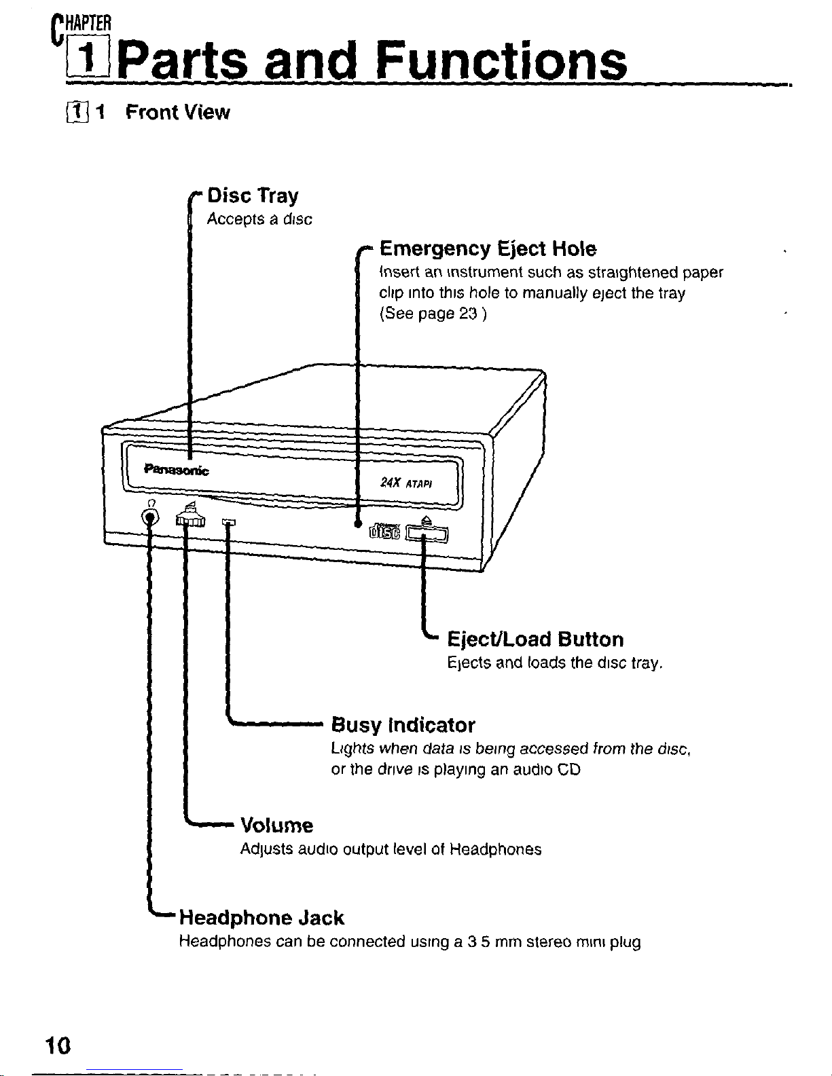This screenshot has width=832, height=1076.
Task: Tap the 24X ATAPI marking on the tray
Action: [x=406, y=483]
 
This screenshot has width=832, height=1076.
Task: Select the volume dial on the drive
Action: [x=189, y=519]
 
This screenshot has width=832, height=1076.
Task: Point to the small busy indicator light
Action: [x=229, y=521]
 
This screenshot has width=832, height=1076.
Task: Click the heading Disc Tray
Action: [x=253, y=196]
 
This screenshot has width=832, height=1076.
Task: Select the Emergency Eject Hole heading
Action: [x=488, y=249]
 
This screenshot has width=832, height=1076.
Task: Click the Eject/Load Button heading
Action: [x=535, y=639]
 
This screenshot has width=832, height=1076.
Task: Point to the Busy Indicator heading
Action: [x=403, y=725]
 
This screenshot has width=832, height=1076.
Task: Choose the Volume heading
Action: [x=277, y=825]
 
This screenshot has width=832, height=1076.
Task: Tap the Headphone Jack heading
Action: [x=261, y=918]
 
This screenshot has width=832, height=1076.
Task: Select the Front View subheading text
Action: [x=178, y=112]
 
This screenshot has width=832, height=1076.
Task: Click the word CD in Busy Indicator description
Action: [x=571, y=771]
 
